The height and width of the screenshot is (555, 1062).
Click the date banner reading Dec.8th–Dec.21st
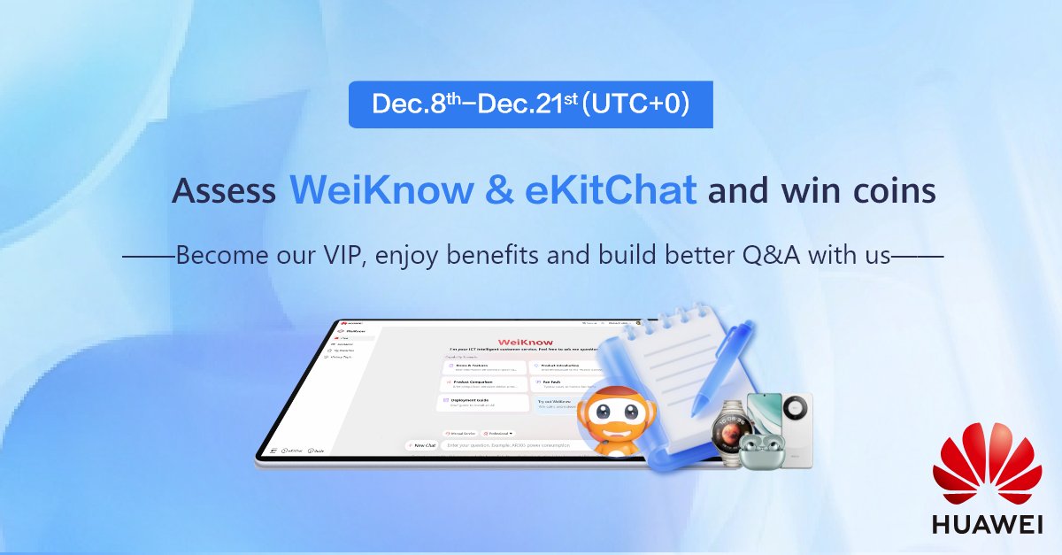(530, 104)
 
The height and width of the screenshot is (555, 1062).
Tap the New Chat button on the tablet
(421, 445)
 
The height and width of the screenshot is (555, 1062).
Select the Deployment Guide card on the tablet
(480, 403)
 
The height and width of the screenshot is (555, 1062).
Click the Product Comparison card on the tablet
(480, 384)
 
